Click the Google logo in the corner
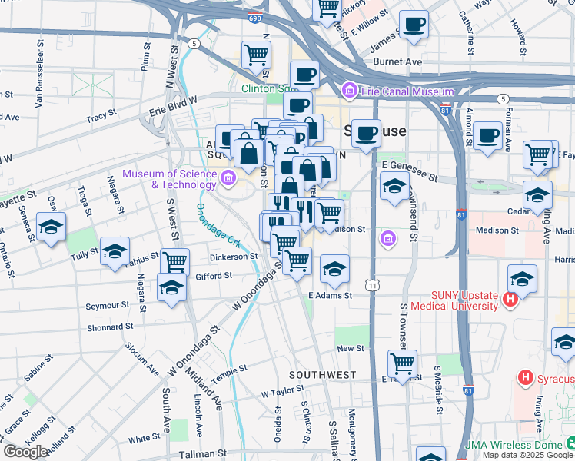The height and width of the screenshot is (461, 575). point(25,452)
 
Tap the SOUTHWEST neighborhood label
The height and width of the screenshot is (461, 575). point(322,374)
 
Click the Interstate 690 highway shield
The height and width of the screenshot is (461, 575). point(254,15)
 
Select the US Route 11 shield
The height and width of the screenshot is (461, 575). point(373,285)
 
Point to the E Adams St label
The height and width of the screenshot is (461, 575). point(330,295)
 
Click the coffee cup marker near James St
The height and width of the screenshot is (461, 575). point(413,25)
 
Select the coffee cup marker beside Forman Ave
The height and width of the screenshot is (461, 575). point(487,136)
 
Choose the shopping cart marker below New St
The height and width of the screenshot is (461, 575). point(401,362)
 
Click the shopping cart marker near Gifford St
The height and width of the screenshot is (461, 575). point(174,261)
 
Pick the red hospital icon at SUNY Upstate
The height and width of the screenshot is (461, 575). point(509,299)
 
